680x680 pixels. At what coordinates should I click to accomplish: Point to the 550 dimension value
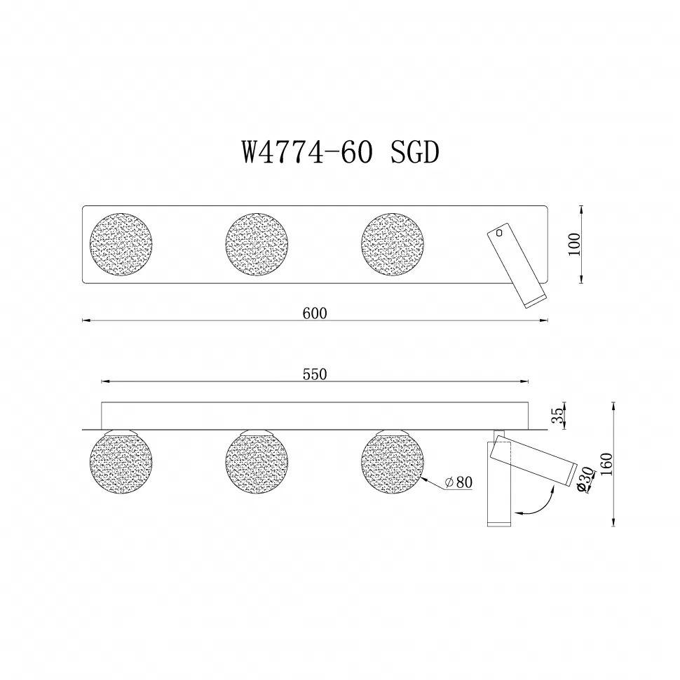(x=315, y=374)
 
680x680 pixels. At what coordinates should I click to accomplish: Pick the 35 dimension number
(x=558, y=416)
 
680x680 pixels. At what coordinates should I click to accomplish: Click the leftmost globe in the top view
(x=121, y=245)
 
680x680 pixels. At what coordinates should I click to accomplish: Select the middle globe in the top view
(x=257, y=245)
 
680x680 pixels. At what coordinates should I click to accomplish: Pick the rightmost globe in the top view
(x=393, y=245)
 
